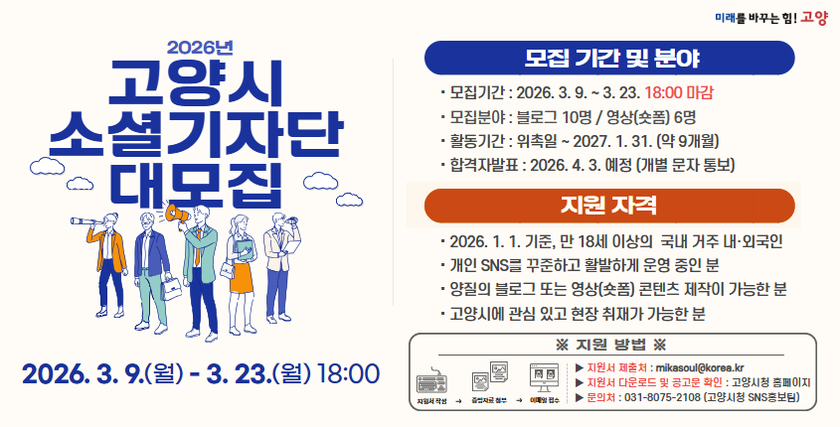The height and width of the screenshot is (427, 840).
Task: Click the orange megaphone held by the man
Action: point(178,212)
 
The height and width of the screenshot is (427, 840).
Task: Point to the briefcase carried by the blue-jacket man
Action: point(172,288)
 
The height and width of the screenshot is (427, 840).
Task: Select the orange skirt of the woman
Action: point(242,267)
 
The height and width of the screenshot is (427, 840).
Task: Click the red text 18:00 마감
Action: point(679,92)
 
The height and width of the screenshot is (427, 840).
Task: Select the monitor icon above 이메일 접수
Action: point(542,378)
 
